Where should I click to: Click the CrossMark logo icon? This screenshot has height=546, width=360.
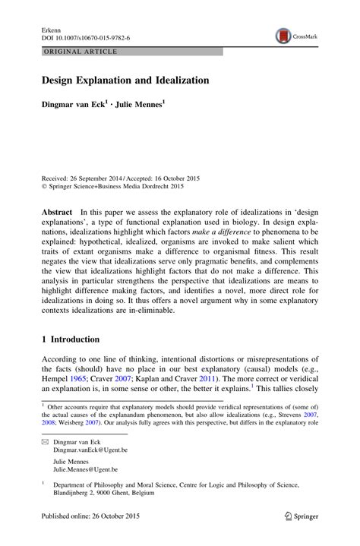tap(283, 35)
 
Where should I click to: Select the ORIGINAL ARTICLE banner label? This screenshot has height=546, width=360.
tap(72, 51)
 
